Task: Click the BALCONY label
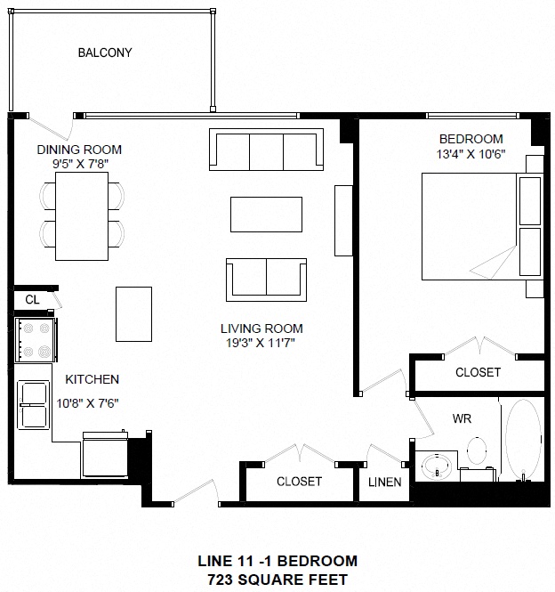(x=105, y=53)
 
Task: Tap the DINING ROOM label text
(x=79, y=150)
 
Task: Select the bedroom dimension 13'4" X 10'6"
(x=471, y=153)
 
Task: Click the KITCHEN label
(x=85, y=379)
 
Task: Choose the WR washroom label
(x=462, y=418)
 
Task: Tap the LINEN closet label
(x=385, y=483)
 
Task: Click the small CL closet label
(x=31, y=300)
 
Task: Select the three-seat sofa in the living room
(x=266, y=150)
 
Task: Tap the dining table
(x=82, y=212)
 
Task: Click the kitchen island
(x=133, y=313)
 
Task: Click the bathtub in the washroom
(x=524, y=440)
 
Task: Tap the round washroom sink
(x=437, y=466)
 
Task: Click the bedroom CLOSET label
(x=478, y=372)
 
